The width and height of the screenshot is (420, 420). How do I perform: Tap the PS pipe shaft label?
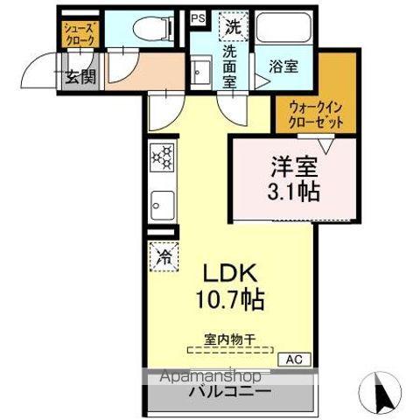click(197, 16)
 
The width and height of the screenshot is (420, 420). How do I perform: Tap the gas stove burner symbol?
click(161, 157)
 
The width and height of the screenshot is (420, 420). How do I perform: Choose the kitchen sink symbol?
click(161, 206)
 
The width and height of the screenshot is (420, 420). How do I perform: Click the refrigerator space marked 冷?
click(164, 256)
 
